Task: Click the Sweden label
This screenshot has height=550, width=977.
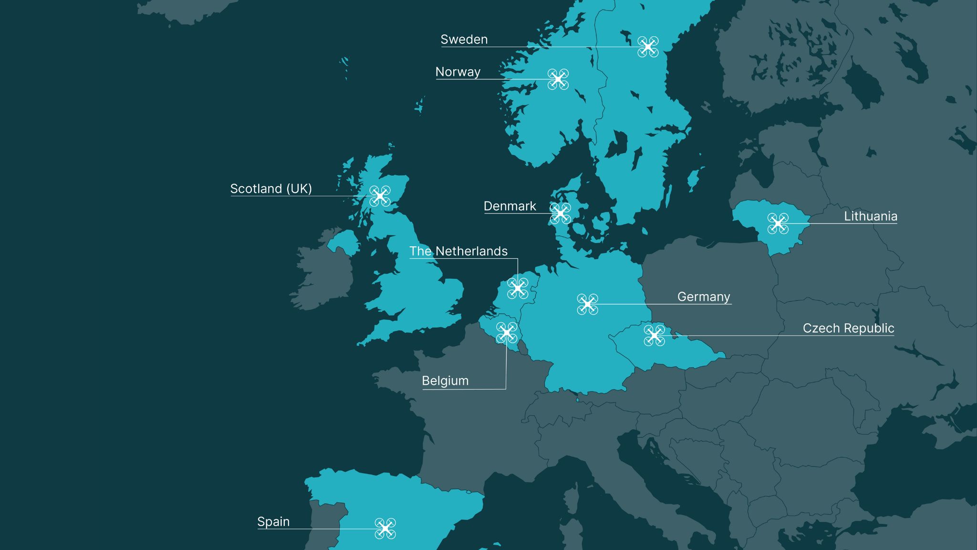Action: pyautogui.click(x=464, y=40)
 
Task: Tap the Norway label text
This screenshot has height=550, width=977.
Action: pyautogui.click(x=457, y=72)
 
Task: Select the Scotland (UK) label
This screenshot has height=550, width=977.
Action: pyautogui.click(x=271, y=189)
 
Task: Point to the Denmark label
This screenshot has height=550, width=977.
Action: pyautogui.click(x=509, y=206)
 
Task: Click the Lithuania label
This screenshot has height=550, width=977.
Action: pyautogui.click(x=870, y=216)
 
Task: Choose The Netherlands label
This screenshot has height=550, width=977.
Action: pyautogui.click(x=458, y=251)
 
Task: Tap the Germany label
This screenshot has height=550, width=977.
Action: pyautogui.click(x=704, y=297)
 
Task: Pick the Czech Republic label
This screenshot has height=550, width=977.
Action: pyautogui.click(x=848, y=328)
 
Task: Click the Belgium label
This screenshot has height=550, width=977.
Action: pyautogui.click(x=445, y=381)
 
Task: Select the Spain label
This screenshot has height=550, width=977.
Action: pyautogui.click(x=273, y=522)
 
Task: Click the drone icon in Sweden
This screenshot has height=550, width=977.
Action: pyautogui.click(x=648, y=47)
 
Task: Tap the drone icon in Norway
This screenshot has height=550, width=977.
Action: pyautogui.click(x=558, y=79)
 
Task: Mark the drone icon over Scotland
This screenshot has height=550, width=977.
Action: pyautogui.click(x=380, y=196)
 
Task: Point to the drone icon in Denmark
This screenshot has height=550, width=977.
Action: pyautogui.click(x=561, y=213)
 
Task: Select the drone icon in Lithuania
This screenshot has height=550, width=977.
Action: pyautogui.click(x=778, y=223)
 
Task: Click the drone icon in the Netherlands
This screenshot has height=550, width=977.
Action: pyautogui.click(x=518, y=288)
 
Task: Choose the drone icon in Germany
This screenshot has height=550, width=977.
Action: pyautogui.click(x=588, y=304)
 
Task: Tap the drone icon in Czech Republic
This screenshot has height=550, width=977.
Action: pyautogui.click(x=655, y=335)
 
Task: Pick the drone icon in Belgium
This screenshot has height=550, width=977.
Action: pyautogui.click(x=507, y=333)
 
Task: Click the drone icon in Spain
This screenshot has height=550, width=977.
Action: pyautogui.click(x=385, y=529)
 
